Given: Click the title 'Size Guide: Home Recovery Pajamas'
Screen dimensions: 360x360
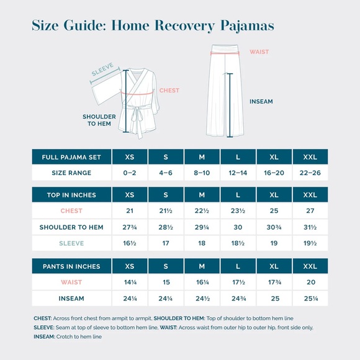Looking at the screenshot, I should pos(153,26).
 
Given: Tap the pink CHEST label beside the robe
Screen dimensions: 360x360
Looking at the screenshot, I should pos(169,91).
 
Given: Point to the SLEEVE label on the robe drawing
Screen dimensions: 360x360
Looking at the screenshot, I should pos(102,73).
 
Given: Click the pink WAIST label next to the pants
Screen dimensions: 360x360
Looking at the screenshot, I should pos(259,53).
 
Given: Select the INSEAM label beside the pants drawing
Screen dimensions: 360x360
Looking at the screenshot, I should pos(261,102).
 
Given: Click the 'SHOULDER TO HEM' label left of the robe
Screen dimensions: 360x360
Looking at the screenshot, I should pos(99,120).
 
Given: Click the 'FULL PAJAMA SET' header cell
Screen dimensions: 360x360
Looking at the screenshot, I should pos(71,157).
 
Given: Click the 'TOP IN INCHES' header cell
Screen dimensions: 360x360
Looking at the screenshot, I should pos(71,195).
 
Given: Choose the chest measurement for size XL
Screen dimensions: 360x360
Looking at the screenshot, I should pos(274,211).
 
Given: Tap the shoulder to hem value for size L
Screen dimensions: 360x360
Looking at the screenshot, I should pos(238,227).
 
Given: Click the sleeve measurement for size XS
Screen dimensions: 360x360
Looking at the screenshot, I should pos(129,244).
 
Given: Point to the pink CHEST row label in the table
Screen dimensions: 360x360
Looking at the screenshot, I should pos(71,211).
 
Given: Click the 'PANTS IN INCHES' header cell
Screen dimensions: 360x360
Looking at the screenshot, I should pos(71,266).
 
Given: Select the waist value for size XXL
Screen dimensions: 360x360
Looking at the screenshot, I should pos(310,282).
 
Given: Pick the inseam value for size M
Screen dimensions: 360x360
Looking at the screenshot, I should pos(202,299).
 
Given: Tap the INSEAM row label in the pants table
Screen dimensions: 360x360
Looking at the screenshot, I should pos(71,299).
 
